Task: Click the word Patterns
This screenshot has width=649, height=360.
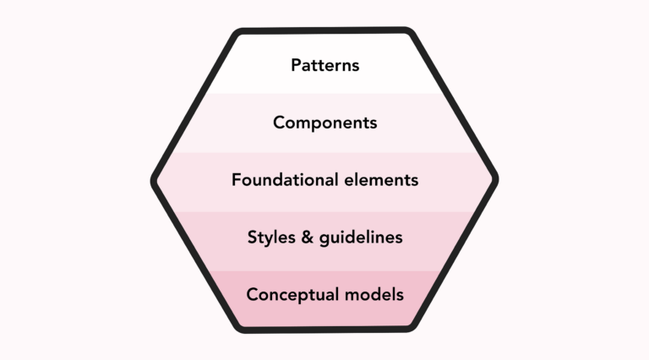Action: click(x=324, y=65)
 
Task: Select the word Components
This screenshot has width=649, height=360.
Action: click(x=324, y=123)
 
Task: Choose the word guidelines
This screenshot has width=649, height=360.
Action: click(x=360, y=237)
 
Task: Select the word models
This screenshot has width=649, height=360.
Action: click(x=374, y=295)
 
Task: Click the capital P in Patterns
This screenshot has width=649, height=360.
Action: click(x=296, y=65)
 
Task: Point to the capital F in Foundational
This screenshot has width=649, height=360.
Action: click(x=236, y=180)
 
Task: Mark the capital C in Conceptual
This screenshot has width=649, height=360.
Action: click(x=252, y=295)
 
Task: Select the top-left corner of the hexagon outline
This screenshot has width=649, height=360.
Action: click(x=239, y=34)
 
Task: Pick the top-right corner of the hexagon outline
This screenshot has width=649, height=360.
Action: click(x=410, y=34)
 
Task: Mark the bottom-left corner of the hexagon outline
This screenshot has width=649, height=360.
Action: click(x=239, y=326)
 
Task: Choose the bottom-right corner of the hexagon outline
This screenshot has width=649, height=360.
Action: click(x=410, y=326)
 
